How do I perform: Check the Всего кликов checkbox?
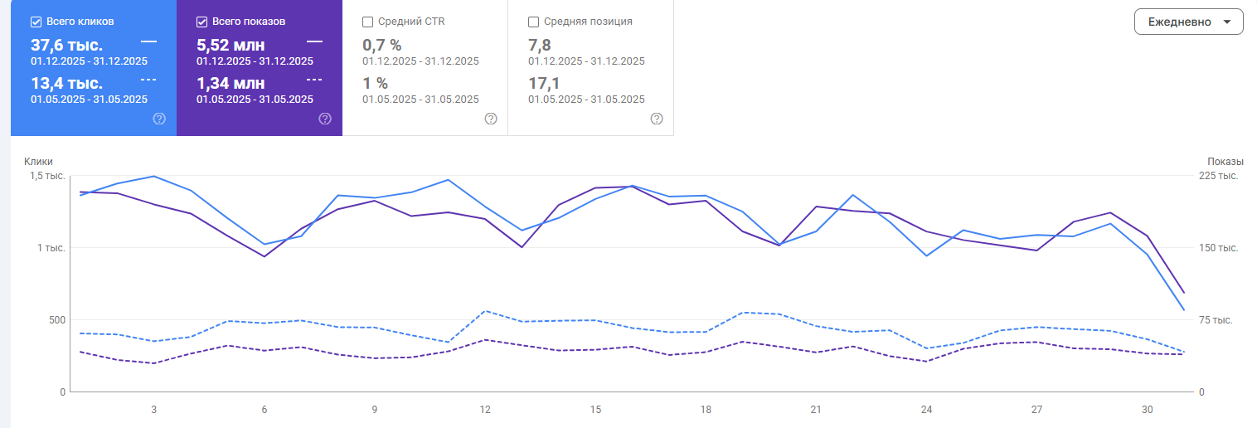pos(36,22)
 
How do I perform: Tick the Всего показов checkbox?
pos(202,22)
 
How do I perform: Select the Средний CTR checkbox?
pos(368,22)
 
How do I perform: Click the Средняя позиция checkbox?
pos(534,22)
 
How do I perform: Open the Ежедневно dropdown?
pos(1188,22)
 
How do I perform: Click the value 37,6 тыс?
pos(66,45)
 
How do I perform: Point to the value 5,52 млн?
pos(231,45)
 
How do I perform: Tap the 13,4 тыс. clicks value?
pos(66,83)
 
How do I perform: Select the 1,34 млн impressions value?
pos(231,83)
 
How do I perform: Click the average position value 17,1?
pos(544,83)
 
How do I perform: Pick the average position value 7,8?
pos(540,45)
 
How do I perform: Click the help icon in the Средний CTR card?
pos(491,119)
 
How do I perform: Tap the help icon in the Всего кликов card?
pos(159,119)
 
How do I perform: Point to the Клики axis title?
pos(38,162)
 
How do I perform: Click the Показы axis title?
pos(1225,162)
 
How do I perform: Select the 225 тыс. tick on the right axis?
pos(1219,176)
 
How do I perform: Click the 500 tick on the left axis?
pos(56,320)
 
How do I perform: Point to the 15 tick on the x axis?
pos(595,410)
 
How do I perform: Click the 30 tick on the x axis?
pos(1148,410)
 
